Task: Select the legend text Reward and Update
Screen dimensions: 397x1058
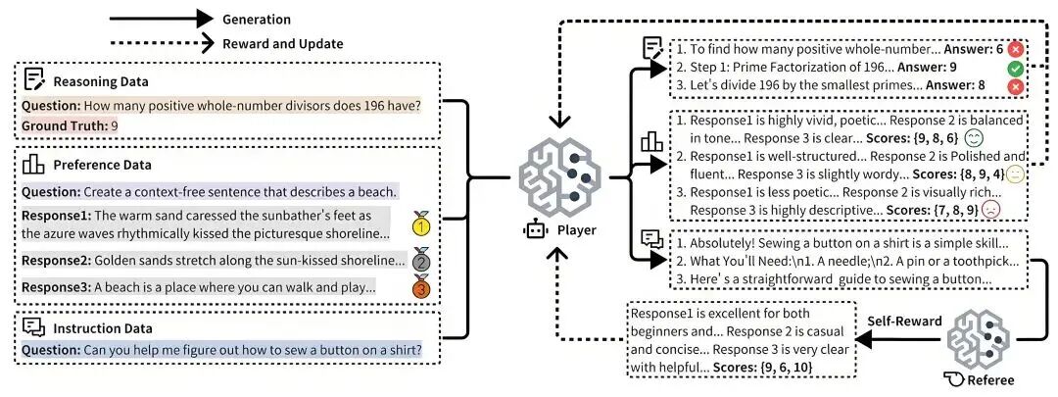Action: (282, 43)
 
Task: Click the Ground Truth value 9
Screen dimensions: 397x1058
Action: (115, 126)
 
